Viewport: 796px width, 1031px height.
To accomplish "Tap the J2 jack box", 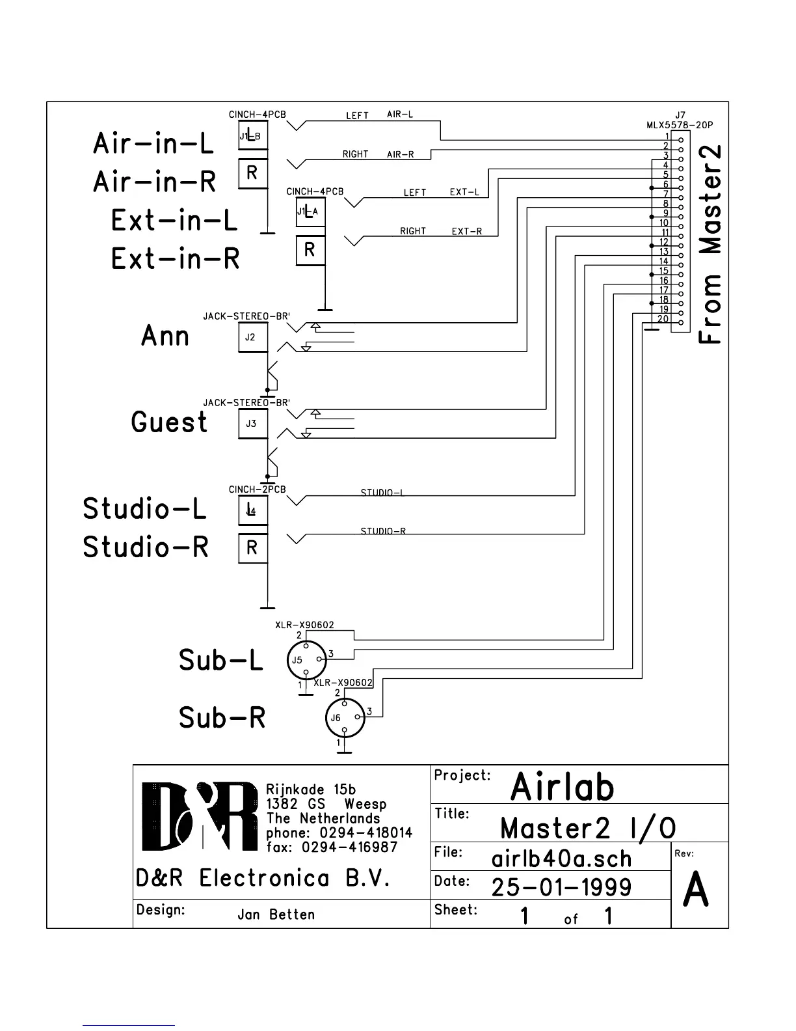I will point(253,337).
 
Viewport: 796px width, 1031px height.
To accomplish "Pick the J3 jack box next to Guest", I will point(253,424).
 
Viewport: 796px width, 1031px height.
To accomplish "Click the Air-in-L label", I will point(153,143).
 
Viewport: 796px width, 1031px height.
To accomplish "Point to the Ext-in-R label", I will point(176,258).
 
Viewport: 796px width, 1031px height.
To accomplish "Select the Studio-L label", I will point(144,508).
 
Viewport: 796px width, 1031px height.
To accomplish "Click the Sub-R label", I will point(222,718).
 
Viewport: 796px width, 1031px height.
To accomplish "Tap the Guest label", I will point(169,422).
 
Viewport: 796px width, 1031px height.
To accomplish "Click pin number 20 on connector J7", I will point(663,319).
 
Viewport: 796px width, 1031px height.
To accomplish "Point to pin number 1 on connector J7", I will point(667,135).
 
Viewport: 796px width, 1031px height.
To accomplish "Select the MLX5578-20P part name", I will point(675,124).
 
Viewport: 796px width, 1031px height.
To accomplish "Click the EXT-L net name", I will point(464,193).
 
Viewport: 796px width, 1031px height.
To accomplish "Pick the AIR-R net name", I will point(401,155).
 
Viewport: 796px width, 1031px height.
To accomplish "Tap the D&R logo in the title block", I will point(200,816).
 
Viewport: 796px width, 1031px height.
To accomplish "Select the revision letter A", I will point(696,890).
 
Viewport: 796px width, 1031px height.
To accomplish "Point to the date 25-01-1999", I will point(561,887).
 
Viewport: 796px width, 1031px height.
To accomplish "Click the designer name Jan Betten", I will point(276,914).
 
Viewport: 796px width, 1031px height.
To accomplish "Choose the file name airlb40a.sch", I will point(561,859).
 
